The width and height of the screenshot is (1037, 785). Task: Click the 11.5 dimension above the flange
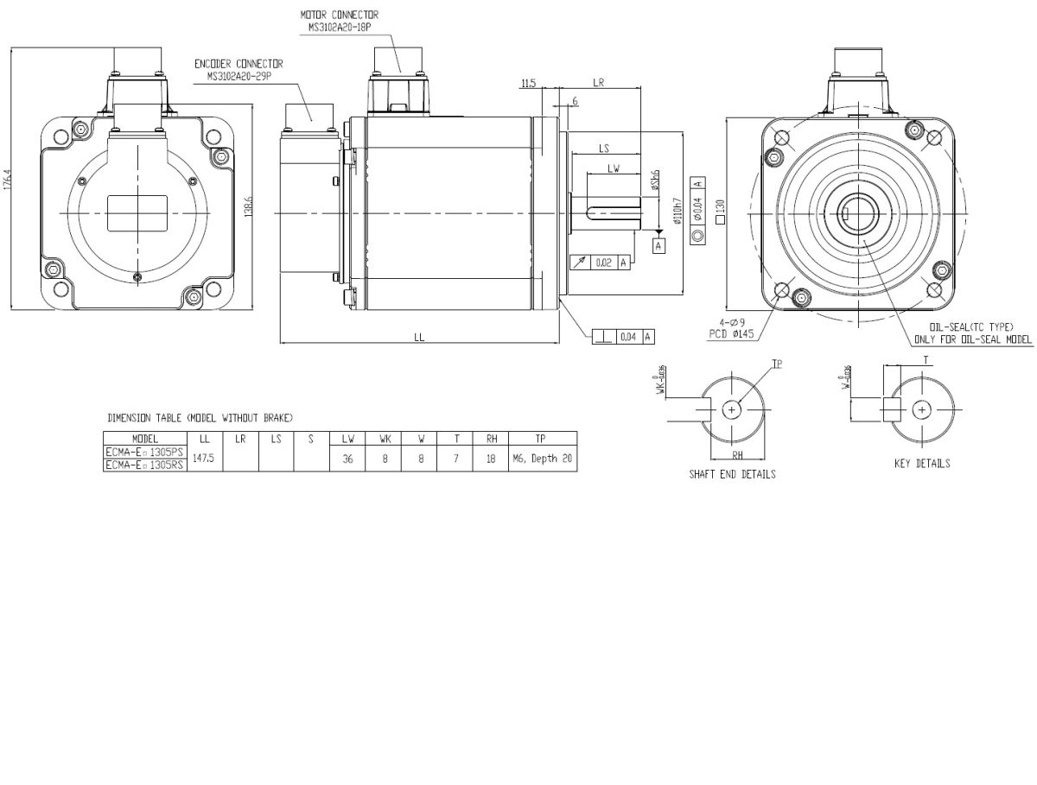point(529,83)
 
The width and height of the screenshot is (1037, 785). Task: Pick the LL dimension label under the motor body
point(419,338)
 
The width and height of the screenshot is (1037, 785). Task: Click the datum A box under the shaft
point(659,247)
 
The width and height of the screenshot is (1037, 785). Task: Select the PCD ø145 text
point(729,334)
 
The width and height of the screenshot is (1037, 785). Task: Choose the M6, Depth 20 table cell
point(542,459)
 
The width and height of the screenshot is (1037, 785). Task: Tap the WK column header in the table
point(385,439)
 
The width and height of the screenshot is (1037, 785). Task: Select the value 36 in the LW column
point(347,459)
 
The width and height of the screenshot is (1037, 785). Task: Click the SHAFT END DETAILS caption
point(732,474)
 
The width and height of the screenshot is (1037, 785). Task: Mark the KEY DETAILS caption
point(922,464)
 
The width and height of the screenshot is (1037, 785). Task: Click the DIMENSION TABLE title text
point(199,418)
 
